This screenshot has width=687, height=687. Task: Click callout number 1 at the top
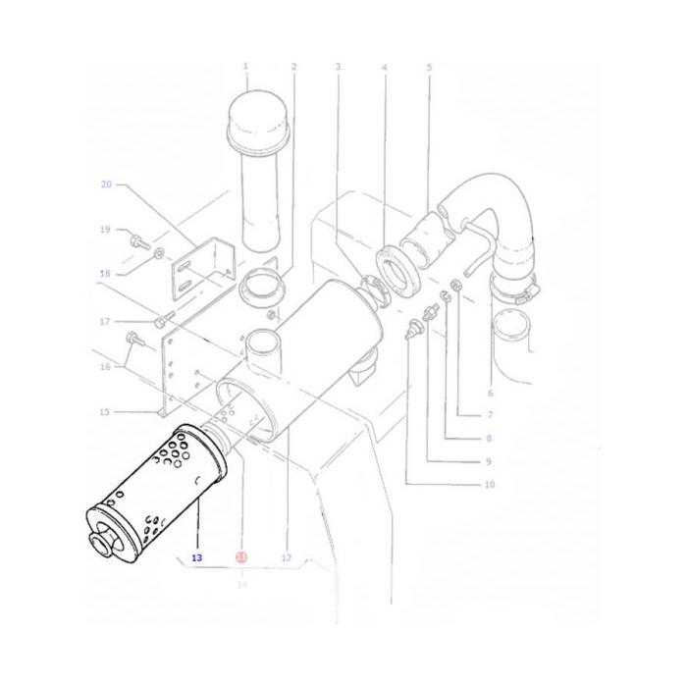click(245, 66)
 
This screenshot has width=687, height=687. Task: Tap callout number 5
click(429, 67)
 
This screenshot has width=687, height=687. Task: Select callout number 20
click(107, 184)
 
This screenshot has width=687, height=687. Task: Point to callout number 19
click(105, 230)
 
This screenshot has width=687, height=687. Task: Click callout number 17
click(105, 321)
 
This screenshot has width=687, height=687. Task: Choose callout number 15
click(105, 411)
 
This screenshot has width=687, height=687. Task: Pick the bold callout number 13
click(197, 557)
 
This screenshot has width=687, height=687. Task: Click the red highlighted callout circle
click(241, 557)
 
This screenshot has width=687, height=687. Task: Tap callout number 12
click(287, 557)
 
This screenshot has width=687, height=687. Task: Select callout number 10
click(489, 484)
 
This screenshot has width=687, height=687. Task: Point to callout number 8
click(489, 439)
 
